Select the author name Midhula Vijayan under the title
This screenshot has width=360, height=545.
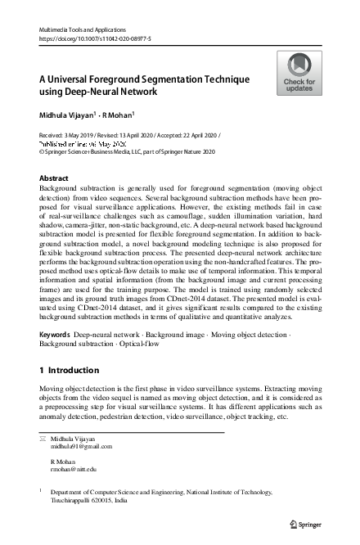point(66,114)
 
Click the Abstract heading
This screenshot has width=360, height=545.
point(54,178)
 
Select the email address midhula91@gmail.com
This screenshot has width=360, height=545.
point(82,447)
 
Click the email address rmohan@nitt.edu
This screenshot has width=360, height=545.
point(74,469)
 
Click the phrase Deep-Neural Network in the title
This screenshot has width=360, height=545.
point(107,91)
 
